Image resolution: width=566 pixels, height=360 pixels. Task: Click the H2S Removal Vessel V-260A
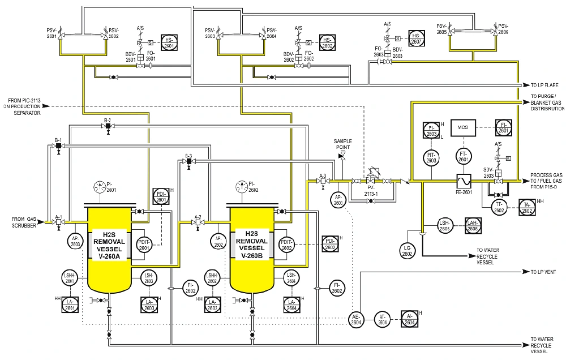point(109,249)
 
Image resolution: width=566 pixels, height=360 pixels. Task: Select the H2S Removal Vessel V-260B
point(252,249)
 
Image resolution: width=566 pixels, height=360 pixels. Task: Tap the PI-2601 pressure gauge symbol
point(100,186)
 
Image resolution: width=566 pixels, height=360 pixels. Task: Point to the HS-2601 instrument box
point(169,43)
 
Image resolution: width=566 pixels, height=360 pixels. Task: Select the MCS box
point(463,128)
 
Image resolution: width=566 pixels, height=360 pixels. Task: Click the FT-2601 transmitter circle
point(463,156)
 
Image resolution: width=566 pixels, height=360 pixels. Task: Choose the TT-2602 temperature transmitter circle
point(499,207)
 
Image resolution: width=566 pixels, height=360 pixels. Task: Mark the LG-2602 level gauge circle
point(407,251)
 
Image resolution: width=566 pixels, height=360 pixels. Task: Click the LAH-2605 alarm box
point(473,225)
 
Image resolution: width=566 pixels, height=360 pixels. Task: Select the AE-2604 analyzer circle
point(356,319)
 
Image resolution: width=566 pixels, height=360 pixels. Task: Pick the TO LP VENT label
point(544,272)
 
